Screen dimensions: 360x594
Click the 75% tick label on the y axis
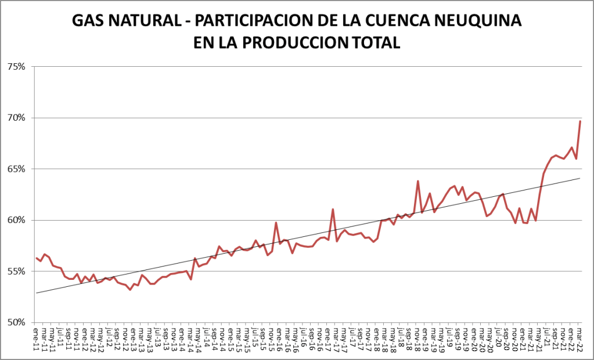click(16, 67)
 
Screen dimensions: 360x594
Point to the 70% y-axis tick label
click(16, 118)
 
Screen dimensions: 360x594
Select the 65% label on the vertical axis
click(16, 169)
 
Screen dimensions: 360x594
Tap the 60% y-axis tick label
click(16, 220)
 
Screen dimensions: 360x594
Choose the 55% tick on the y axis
click(16, 271)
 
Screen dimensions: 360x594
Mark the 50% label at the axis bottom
click(16, 322)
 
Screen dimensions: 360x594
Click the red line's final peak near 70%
click(580, 121)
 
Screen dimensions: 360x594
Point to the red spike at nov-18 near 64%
click(418, 181)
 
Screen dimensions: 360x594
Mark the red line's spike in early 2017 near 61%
click(333, 209)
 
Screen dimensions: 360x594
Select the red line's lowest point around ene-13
click(130, 289)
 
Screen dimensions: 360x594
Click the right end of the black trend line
click(580, 178)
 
